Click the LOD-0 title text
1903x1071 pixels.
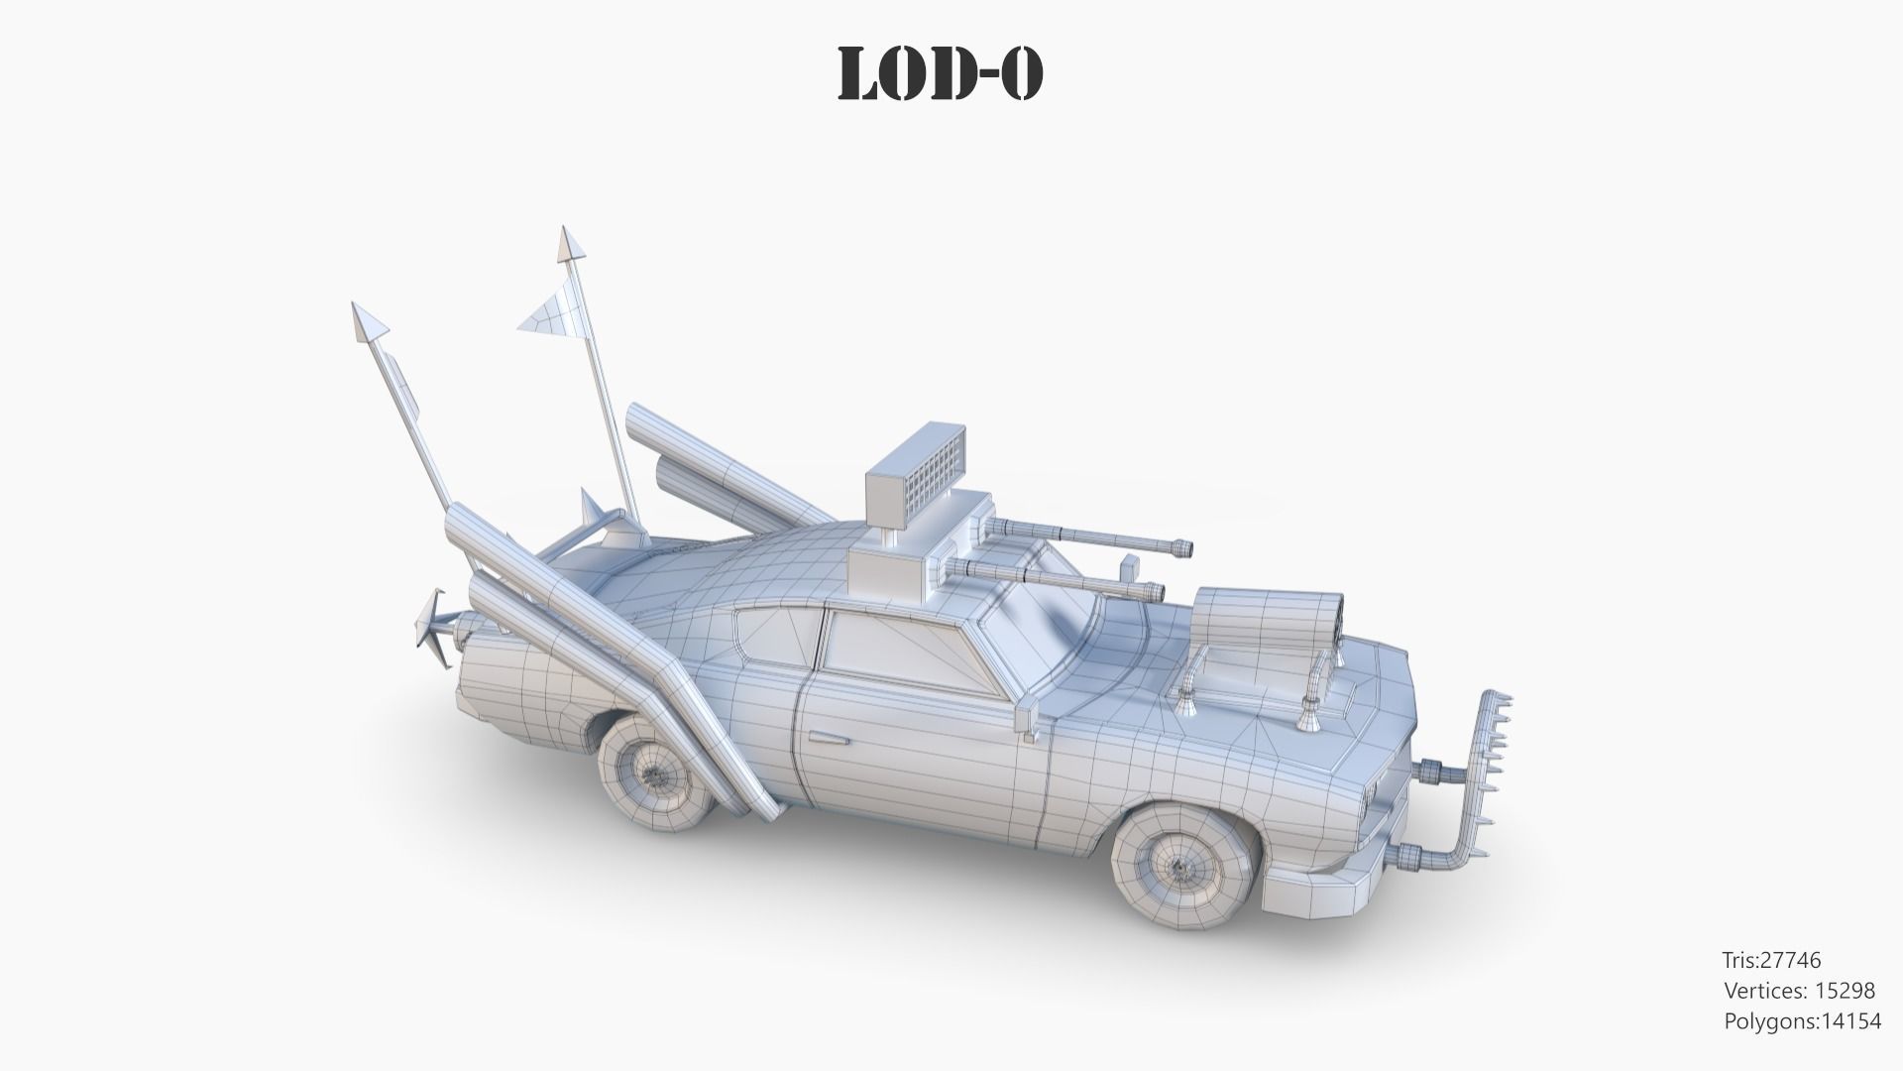[941, 73]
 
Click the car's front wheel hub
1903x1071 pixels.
[1180, 867]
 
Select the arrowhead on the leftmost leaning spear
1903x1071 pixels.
[368, 321]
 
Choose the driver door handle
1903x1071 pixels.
[828, 737]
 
